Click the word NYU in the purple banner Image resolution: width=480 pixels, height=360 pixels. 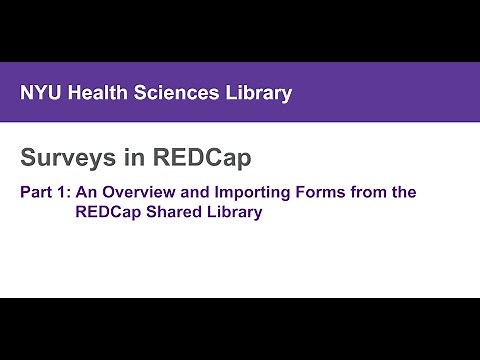point(41,94)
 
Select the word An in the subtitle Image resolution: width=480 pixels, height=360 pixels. point(86,192)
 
